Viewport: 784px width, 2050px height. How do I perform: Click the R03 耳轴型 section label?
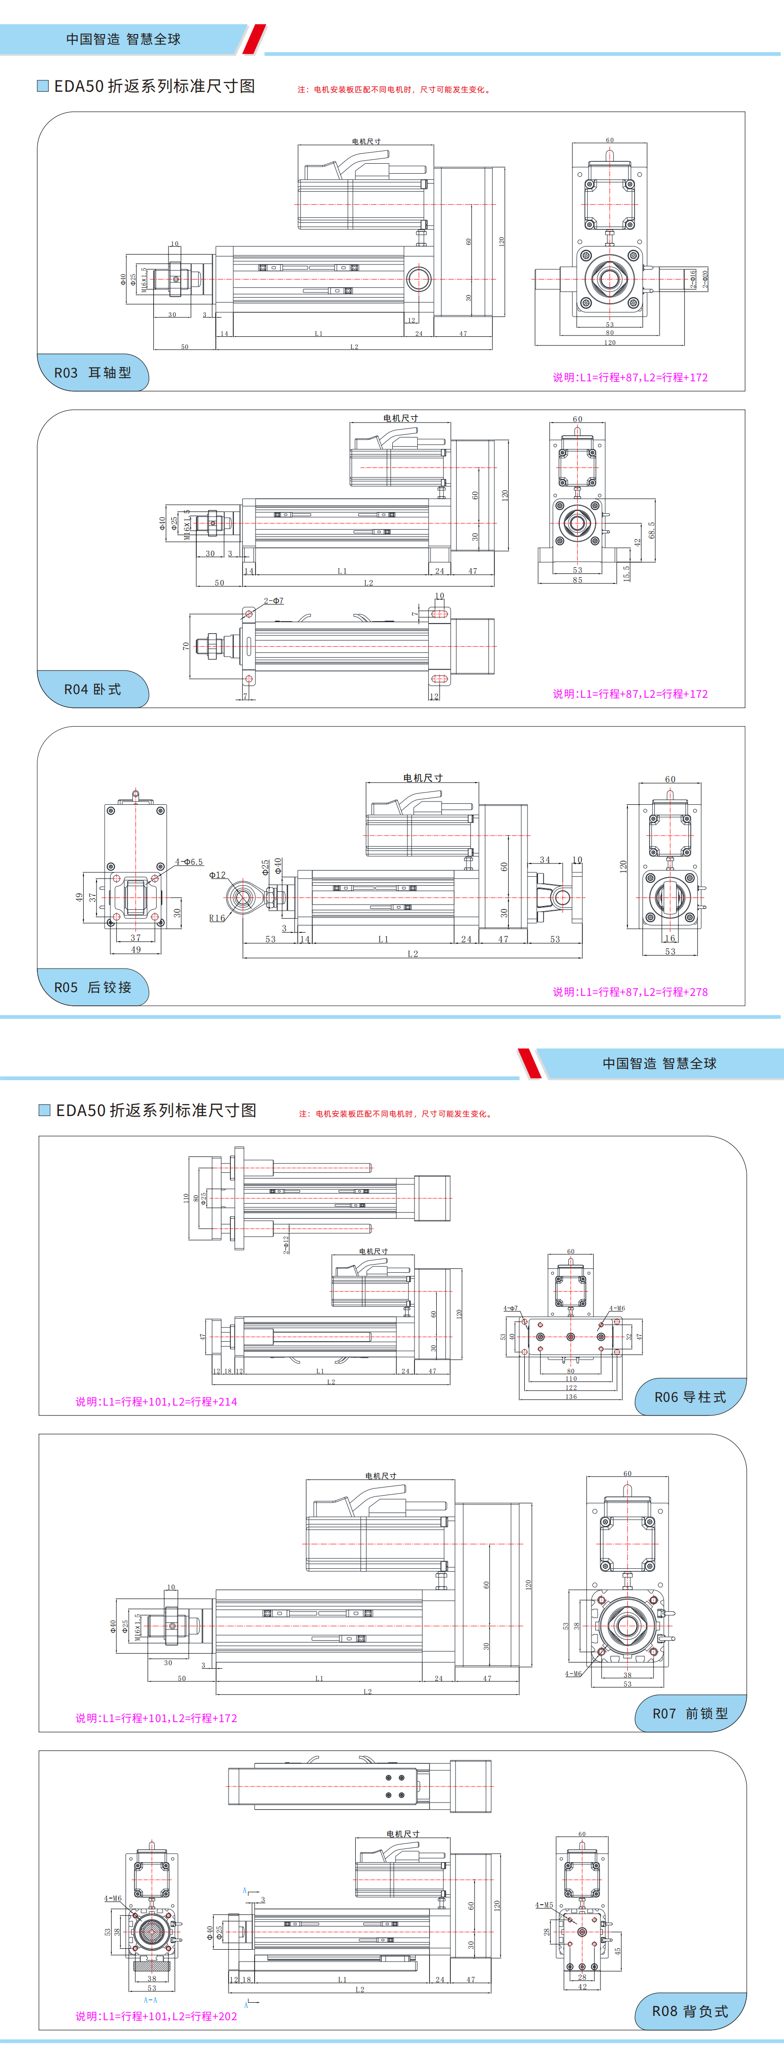coord(92,372)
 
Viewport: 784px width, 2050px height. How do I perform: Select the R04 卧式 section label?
coord(92,689)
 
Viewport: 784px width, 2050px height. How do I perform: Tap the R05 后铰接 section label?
coord(92,987)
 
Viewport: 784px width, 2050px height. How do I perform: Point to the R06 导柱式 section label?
coord(690,1397)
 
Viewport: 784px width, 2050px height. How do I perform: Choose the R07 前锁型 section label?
coord(690,1713)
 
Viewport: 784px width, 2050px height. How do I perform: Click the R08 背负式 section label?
coord(690,2011)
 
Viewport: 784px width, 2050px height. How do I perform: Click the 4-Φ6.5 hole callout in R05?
coord(189,862)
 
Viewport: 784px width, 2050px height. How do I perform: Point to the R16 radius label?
coord(217,917)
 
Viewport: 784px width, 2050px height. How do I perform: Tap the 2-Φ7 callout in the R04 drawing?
coord(273,601)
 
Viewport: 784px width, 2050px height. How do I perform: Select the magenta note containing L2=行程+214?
coord(156,1401)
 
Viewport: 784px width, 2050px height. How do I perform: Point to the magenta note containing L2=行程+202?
coord(156,2016)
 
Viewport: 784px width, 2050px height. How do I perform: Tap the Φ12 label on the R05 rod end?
coord(217,875)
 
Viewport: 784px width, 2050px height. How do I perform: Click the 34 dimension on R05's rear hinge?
coord(545,860)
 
